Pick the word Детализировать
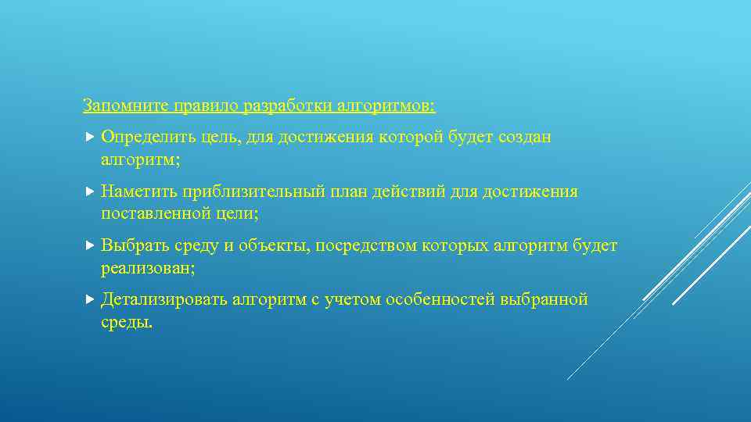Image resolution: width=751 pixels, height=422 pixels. point(164,300)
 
